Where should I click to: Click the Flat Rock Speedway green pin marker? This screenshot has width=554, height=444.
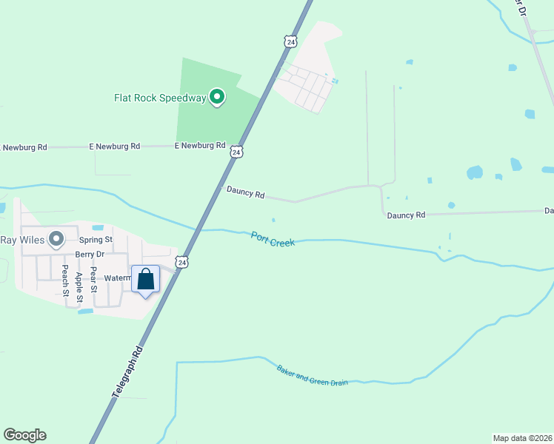tap(217, 97)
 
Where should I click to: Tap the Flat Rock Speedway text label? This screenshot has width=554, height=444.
tap(160, 97)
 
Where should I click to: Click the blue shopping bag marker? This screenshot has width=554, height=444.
tap(146, 280)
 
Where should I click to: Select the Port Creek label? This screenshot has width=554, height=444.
tap(273, 238)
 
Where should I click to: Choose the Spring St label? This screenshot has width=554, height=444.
tap(96, 240)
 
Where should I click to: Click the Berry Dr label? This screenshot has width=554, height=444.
tap(90, 254)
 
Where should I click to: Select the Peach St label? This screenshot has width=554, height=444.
tap(65, 280)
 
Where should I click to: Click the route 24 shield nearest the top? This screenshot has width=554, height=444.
tap(290, 41)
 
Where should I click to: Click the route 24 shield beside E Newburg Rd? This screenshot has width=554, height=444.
tap(236, 152)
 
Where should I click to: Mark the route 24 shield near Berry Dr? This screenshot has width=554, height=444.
tap(181, 262)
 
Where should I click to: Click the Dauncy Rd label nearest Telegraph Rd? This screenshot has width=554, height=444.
tap(246, 193)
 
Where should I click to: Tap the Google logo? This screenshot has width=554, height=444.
tap(24, 435)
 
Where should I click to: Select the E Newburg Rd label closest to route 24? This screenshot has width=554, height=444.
tap(200, 146)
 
